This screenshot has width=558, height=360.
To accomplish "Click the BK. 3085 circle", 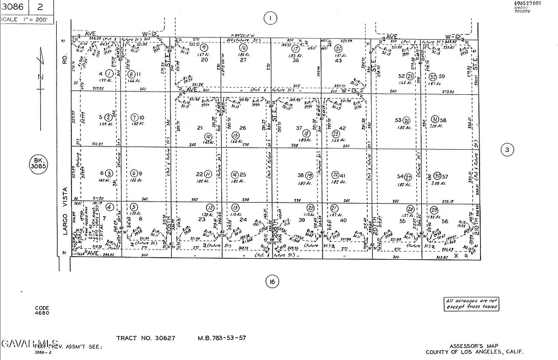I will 38,164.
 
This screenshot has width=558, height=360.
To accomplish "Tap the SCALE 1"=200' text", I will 27,20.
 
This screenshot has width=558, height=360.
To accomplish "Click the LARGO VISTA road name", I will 65,211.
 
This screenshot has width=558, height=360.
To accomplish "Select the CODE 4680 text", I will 42,310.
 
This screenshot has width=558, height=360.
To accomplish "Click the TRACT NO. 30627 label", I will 145,338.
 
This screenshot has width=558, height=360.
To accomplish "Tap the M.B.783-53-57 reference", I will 221,338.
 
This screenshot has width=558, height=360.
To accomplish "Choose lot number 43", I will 338,60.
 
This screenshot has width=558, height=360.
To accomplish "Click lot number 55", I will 403,221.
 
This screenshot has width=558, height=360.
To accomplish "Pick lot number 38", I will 300,175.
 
